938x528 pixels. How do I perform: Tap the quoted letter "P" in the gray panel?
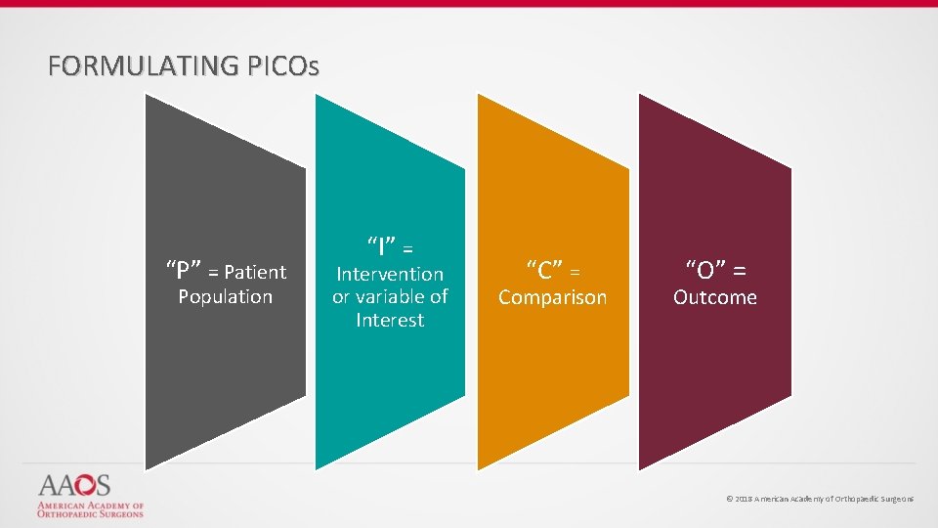pyautogui.click(x=184, y=271)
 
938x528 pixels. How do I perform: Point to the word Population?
pyautogui.click(x=225, y=296)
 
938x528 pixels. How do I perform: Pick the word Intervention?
pyautogui.click(x=389, y=274)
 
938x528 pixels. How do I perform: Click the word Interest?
pyautogui.click(x=389, y=320)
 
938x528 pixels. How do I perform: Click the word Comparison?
pyautogui.click(x=552, y=297)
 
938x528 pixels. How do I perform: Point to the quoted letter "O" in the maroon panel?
pyautogui.click(x=704, y=269)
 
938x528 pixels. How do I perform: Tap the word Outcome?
pyautogui.click(x=714, y=297)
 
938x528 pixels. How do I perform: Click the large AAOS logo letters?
pyautogui.click(x=74, y=485)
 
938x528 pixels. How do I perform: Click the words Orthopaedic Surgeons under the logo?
pyautogui.click(x=90, y=513)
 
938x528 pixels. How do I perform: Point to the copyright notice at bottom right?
pyautogui.click(x=820, y=499)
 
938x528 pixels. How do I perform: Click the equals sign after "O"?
pyautogui.click(x=739, y=270)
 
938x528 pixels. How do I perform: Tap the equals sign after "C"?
pyautogui.click(x=576, y=271)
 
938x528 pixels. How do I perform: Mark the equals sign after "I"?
pyautogui.click(x=407, y=245)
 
